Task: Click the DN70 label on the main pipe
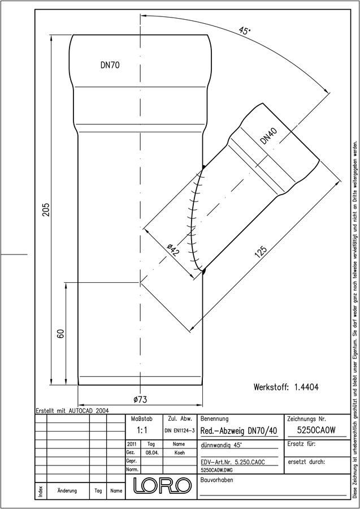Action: pyautogui.click(x=110, y=65)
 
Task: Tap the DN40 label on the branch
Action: pyautogui.click(x=269, y=136)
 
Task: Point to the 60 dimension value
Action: pyautogui.click(x=60, y=334)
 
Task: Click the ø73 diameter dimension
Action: pyautogui.click(x=140, y=400)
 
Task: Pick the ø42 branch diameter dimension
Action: pyautogui.click(x=173, y=251)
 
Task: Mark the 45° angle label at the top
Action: pyautogui.click(x=245, y=31)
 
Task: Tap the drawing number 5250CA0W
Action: pyautogui.click(x=316, y=430)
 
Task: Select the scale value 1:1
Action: pyautogui.click(x=142, y=430)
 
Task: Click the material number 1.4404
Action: pyautogui.click(x=306, y=387)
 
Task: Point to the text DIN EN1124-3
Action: pyautogui.click(x=179, y=431)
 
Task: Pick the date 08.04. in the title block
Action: pyautogui.click(x=152, y=453)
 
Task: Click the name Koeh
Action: pyautogui.click(x=179, y=453)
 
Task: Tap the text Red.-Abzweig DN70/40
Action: pyautogui.click(x=239, y=431)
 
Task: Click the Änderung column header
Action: pyautogui.click(x=67, y=490)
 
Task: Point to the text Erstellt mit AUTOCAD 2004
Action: pyautogui.click(x=72, y=411)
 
